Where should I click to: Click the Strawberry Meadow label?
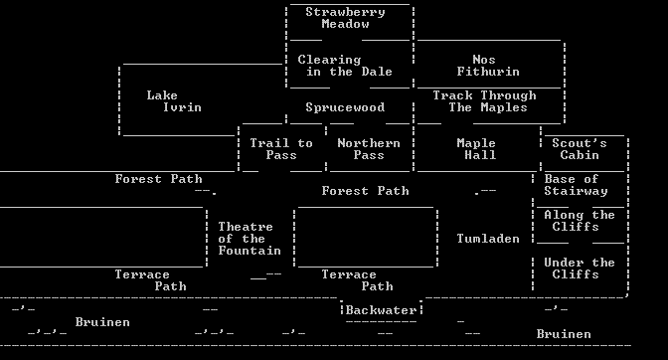pos(345,18)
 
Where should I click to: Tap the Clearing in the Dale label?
pos(345,66)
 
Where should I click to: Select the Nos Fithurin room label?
pos(488,66)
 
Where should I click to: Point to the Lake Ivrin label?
pos(174,101)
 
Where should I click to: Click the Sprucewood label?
pos(345,107)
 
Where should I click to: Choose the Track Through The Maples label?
pos(484,101)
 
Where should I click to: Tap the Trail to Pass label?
pos(281,149)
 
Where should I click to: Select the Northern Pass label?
pos(369,149)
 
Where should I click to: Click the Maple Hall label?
pos(476,149)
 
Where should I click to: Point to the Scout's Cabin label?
pos(580,149)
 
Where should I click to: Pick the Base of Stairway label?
pos(576,185)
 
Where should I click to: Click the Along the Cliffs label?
pos(580,221)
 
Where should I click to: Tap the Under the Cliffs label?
pos(580,269)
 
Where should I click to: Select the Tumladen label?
pos(488,239)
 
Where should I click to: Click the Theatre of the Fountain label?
pos(250,239)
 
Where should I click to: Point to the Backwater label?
pos(381,310)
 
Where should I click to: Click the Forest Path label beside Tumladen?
pos(365,191)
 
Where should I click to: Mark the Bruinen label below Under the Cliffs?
pos(564,334)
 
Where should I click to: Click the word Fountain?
pos(250,251)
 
